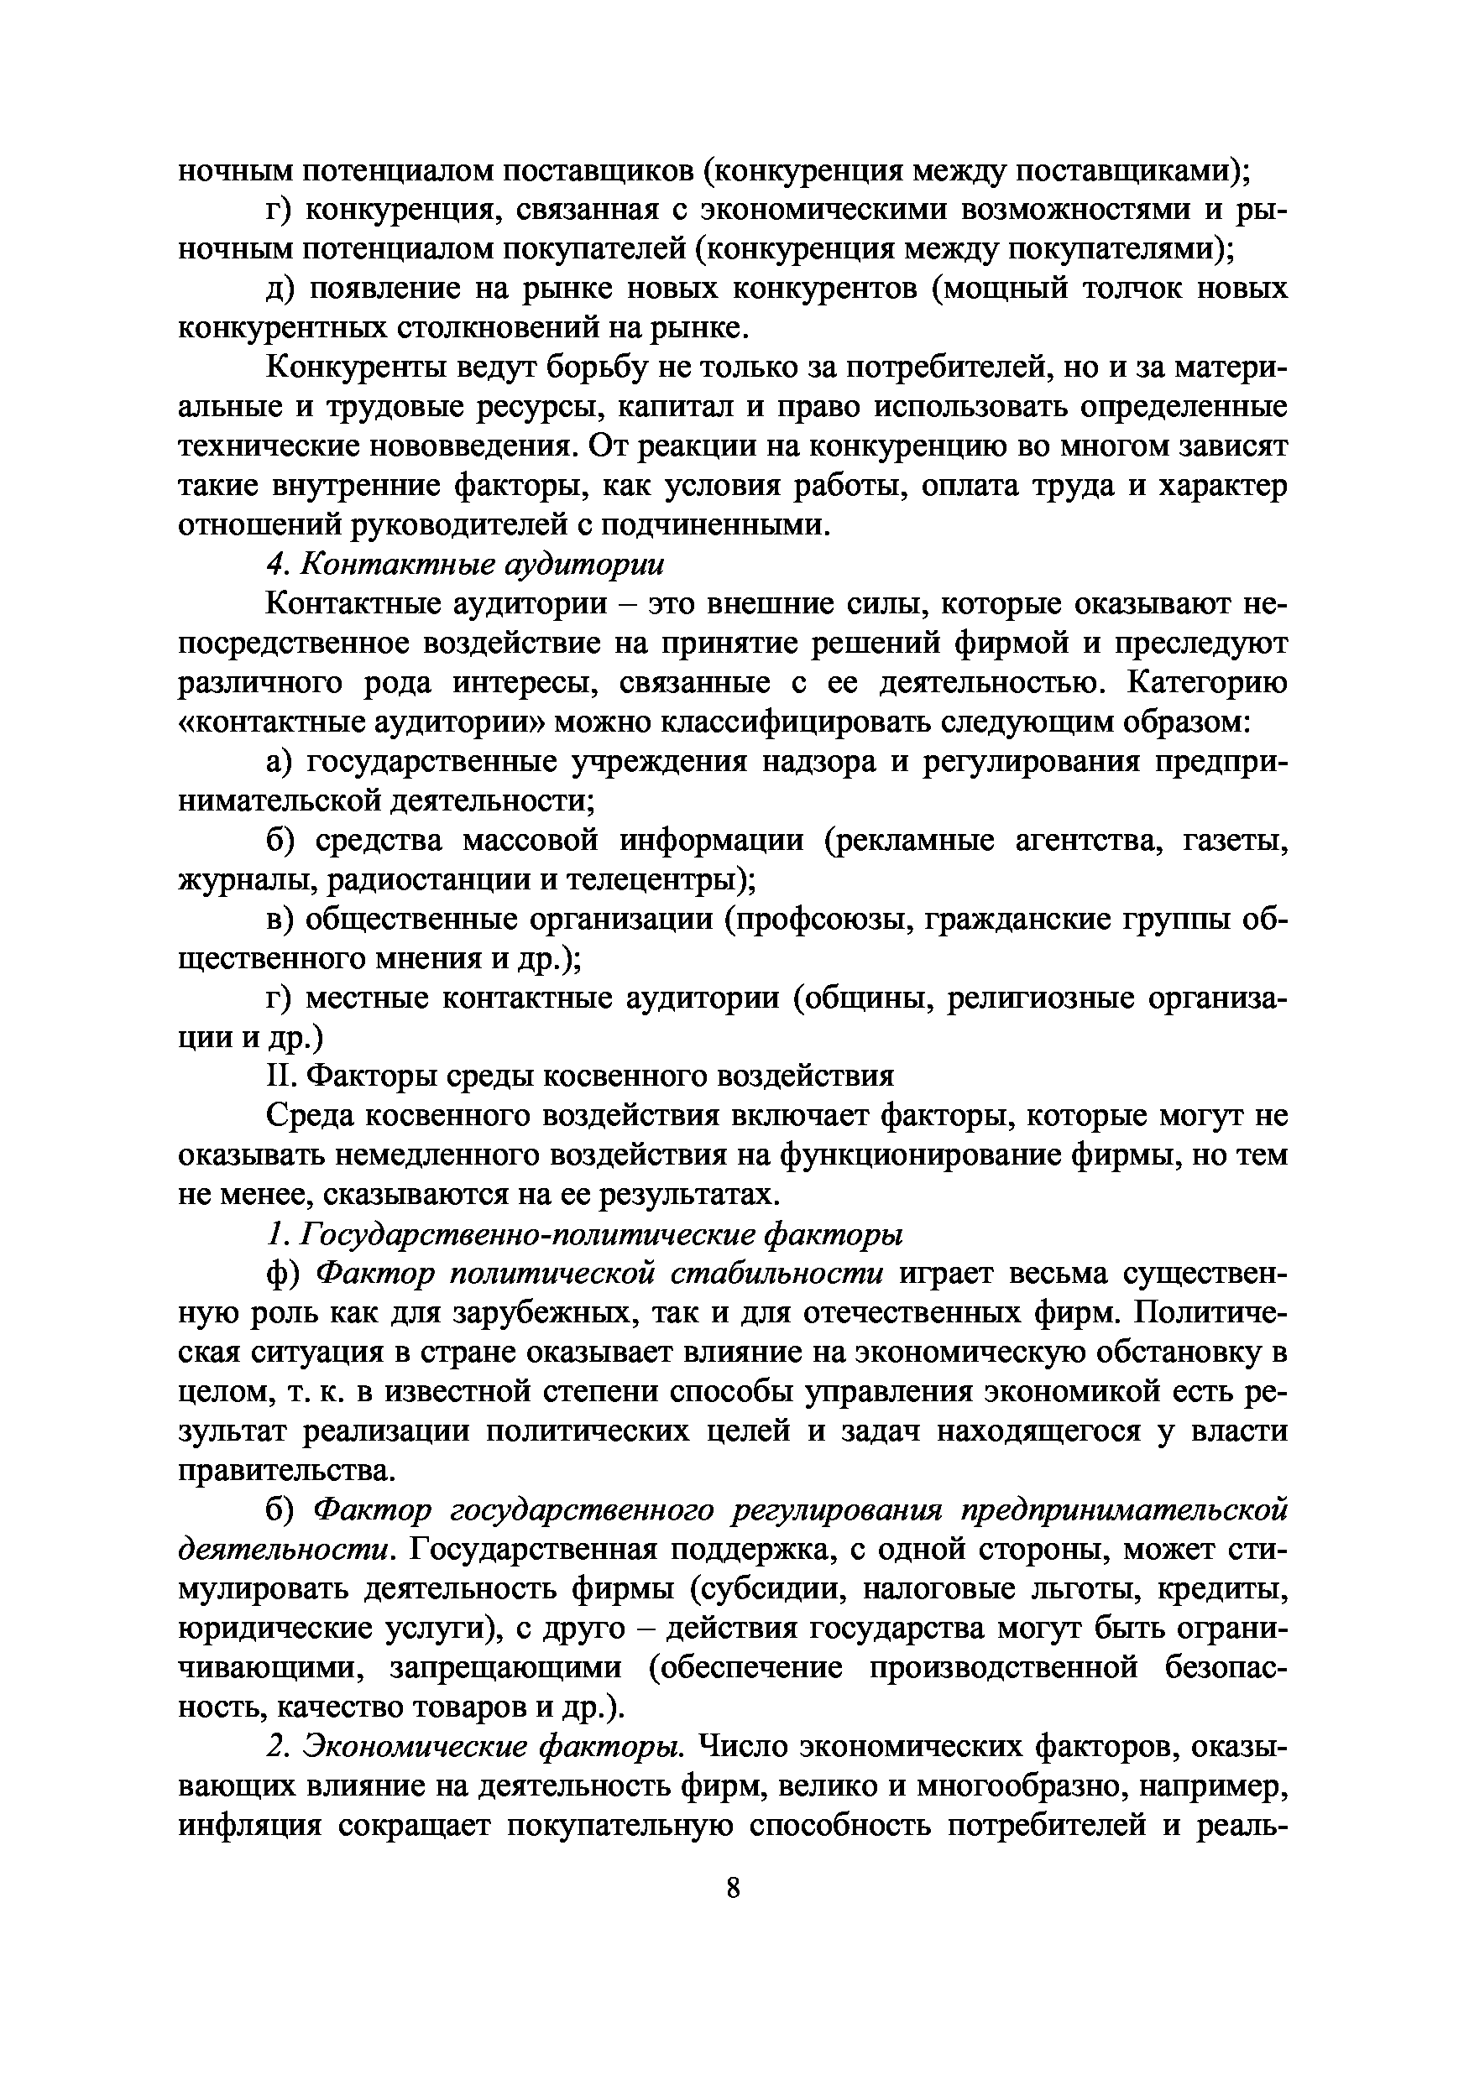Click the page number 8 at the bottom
click(x=733, y=1888)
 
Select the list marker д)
click(x=281, y=289)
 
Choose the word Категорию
click(x=1207, y=682)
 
